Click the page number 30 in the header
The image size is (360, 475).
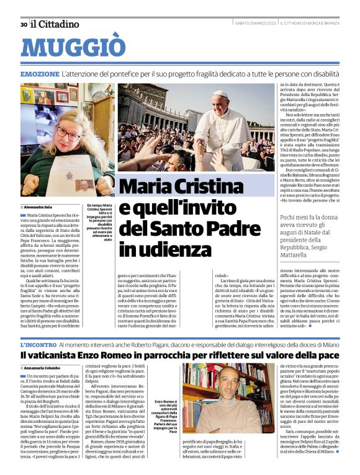[x=23, y=25]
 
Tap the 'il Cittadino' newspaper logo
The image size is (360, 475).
[x=55, y=24]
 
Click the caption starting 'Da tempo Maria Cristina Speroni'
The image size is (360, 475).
[x=100, y=223]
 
